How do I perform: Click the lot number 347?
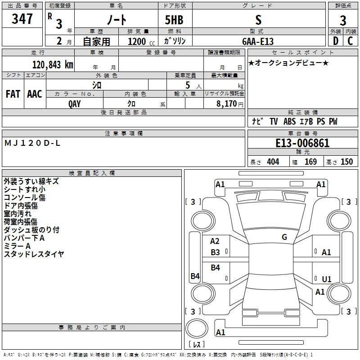pos(22,18)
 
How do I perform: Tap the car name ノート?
pos(117,19)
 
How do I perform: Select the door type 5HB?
pos(174,20)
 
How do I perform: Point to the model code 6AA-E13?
pos(258,41)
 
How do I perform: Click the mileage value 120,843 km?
pos(53,65)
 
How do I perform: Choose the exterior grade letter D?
pos(336,41)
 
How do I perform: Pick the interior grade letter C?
pos(350,41)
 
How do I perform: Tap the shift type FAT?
pos(13,94)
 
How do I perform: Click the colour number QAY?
pos(74,104)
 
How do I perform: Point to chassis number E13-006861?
pos(302,143)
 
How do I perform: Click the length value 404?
pos(273,162)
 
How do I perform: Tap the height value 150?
pos(346,162)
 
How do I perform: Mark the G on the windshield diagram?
pos(284,237)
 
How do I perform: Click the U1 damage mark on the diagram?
pos(327,279)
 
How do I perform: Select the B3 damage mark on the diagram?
pos(215,252)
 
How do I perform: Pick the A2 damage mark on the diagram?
pos(215,241)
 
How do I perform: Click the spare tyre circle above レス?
pos(197,328)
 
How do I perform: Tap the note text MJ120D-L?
pos(32,143)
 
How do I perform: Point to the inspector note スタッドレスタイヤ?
pos(34,254)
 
